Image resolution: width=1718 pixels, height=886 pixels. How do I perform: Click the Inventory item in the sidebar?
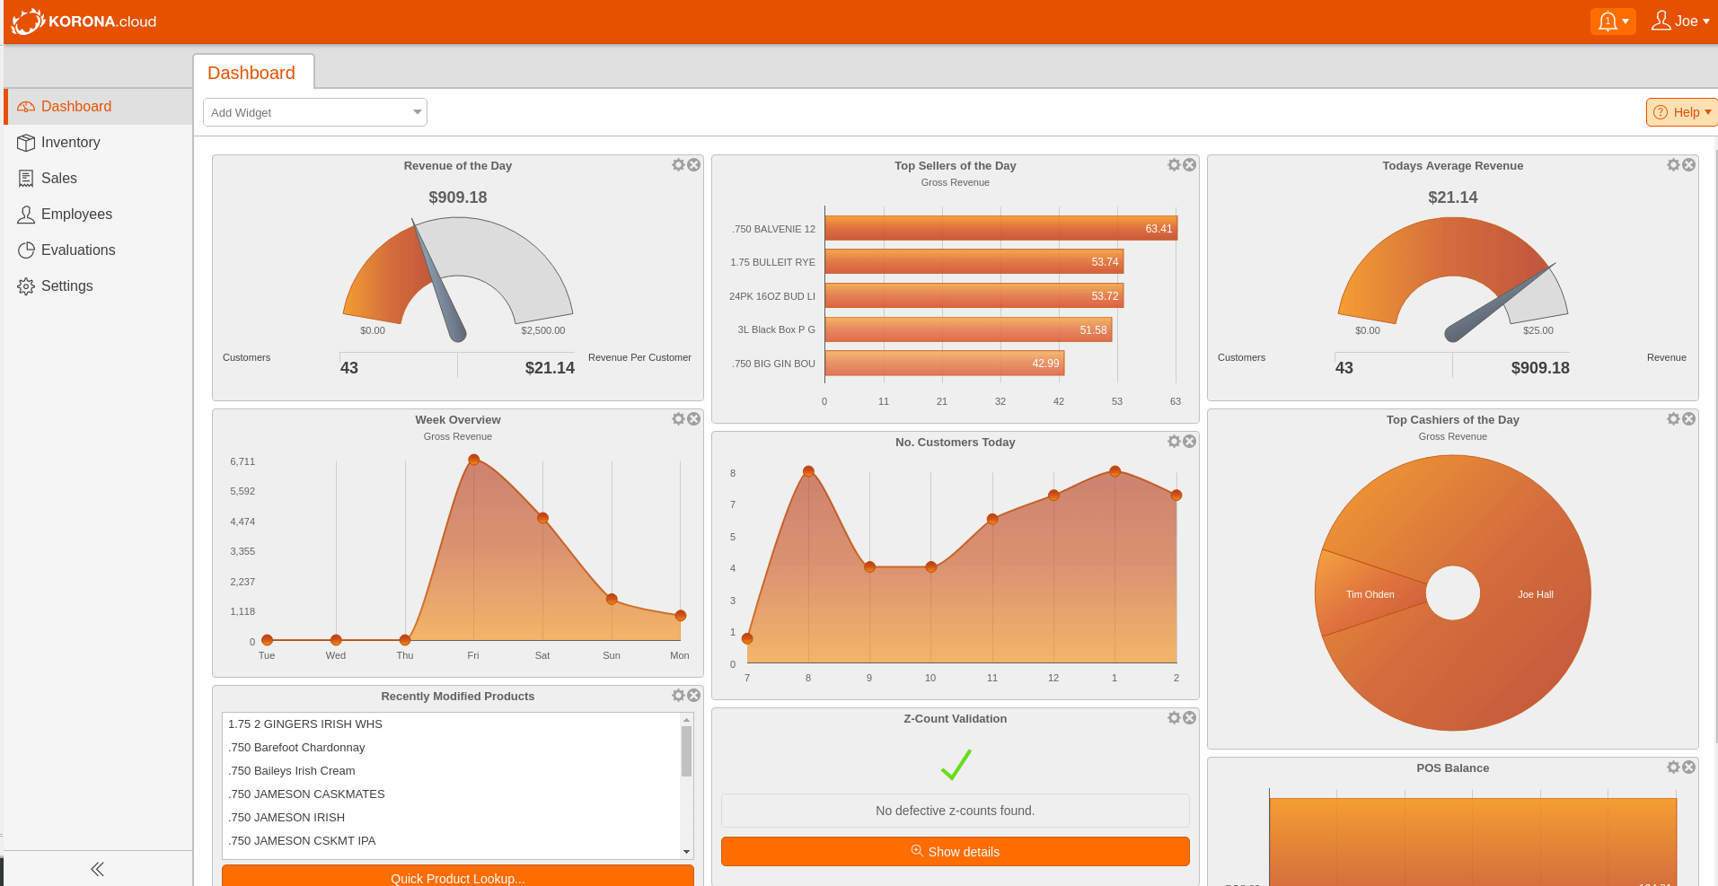coord(70,143)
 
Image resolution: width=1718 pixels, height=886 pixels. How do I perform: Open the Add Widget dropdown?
coord(314,112)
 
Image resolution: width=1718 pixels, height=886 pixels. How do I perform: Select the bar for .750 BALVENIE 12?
coord(1000,229)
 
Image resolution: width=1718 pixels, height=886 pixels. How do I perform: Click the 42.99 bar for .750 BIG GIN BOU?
coord(943,364)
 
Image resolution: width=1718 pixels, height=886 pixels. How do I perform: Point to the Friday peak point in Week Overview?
coord(473,460)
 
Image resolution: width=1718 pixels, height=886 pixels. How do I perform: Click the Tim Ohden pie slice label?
coord(1370,594)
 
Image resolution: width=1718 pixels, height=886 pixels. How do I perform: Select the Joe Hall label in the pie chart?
coord(1535,594)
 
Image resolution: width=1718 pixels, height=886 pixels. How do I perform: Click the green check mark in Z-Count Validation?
coord(956,765)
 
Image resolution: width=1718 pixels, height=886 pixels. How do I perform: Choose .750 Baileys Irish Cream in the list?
coord(292,771)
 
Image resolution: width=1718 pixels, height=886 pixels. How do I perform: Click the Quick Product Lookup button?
coord(457,877)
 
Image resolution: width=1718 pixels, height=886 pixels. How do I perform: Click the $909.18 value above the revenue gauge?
coord(457,197)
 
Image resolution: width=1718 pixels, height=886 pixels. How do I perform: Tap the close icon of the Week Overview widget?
coord(694,419)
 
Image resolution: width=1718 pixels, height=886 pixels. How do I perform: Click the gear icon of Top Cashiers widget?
coord(1673,419)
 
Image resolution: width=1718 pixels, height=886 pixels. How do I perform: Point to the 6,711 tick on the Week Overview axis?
coord(242,461)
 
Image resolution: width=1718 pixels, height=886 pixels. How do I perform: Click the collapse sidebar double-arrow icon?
coord(97,869)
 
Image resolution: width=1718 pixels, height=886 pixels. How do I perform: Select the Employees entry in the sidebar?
coord(76,215)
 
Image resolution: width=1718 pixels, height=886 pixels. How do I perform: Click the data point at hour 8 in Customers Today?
coord(808,471)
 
